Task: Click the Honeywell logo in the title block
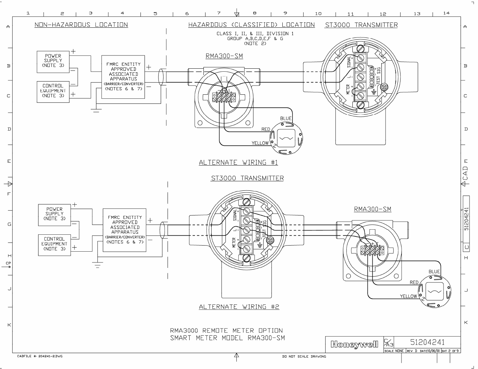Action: click(354, 344)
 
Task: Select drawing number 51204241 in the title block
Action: click(427, 342)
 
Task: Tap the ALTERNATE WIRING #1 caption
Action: click(238, 162)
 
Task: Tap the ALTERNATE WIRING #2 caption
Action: click(239, 306)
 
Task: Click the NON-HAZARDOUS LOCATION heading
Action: click(81, 25)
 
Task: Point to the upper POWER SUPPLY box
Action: click(53, 62)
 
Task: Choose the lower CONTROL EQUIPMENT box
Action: click(55, 245)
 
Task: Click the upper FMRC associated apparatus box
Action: click(123, 77)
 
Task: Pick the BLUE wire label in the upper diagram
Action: click(286, 118)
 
